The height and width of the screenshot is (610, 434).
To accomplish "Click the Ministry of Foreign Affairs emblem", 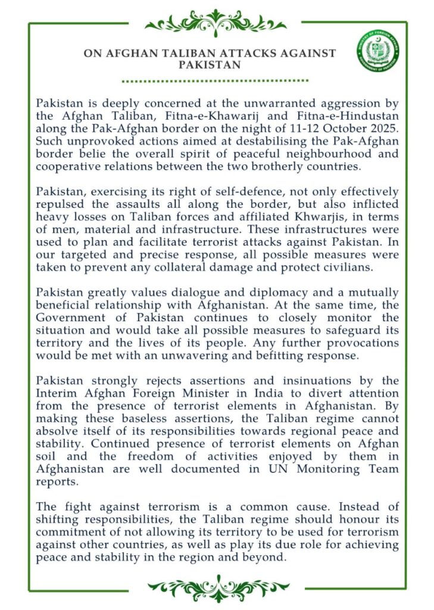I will click(x=379, y=51).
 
